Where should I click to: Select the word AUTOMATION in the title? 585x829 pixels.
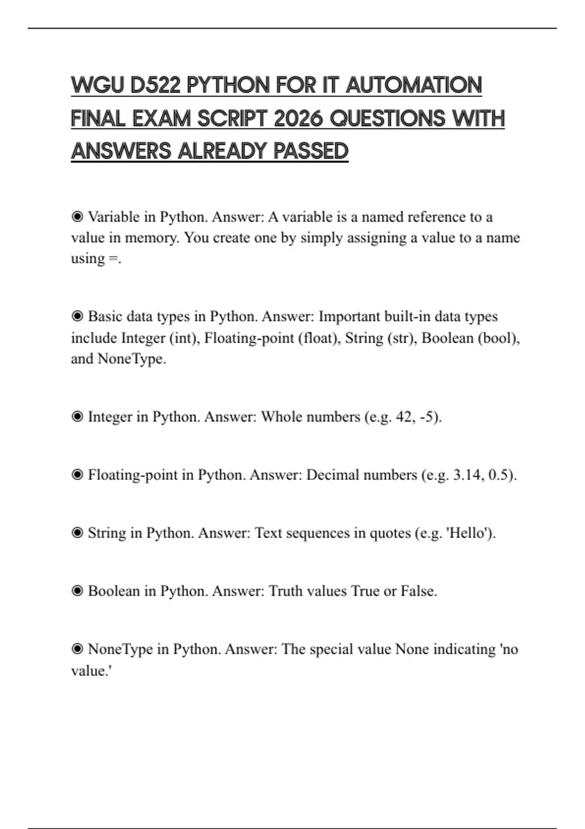[x=414, y=85]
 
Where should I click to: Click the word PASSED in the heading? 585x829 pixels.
[x=311, y=151]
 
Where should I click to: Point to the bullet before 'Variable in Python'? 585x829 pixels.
[x=77, y=217]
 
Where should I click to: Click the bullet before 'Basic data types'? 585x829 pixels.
[x=77, y=316]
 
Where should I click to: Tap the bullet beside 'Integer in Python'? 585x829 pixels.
[x=77, y=416]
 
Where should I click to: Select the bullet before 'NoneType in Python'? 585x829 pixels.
[x=77, y=649]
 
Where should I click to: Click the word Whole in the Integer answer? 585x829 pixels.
[x=281, y=417]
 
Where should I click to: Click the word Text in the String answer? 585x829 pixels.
[x=268, y=533]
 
